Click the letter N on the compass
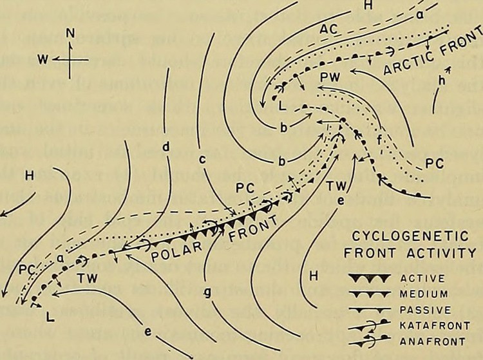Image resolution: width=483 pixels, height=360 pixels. pos(72,34)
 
